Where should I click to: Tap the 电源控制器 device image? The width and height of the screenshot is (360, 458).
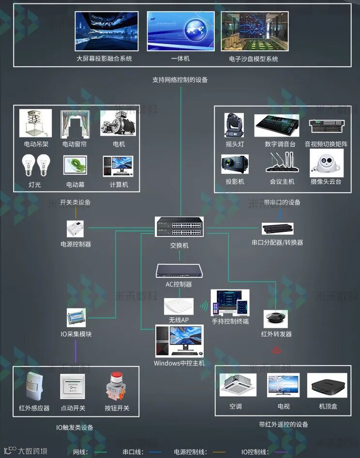[x=75, y=229]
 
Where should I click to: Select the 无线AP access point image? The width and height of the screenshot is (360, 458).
[x=179, y=306]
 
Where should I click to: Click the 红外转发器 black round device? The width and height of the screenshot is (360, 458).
[x=275, y=319]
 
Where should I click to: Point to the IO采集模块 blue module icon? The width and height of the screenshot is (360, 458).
[x=76, y=317]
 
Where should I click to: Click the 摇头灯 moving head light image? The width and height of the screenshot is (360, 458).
[x=234, y=125]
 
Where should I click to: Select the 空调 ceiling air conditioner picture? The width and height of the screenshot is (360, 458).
[x=235, y=385]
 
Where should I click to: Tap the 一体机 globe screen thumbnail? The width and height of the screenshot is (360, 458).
[x=180, y=31]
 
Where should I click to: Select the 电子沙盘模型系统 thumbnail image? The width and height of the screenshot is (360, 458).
[x=254, y=31]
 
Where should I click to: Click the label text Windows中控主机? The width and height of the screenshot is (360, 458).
[x=179, y=363]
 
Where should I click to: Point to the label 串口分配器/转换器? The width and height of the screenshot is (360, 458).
[x=277, y=242]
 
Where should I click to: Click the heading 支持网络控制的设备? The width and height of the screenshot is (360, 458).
[x=180, y=79]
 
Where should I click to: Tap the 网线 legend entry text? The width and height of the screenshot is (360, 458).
[x=80, y=452]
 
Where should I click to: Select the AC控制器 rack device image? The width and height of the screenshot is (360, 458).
[x=179, y=271]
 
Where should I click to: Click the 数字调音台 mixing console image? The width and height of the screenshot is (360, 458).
[x=277, y=125]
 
